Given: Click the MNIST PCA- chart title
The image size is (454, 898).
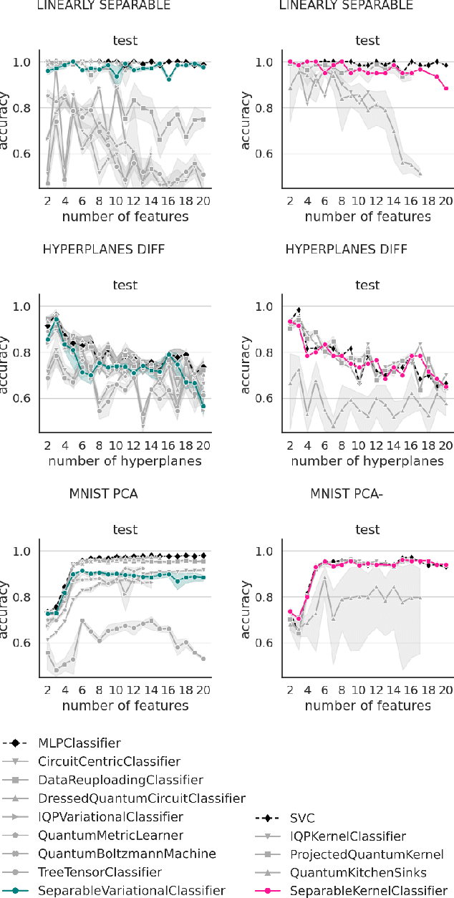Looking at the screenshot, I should point(347,494).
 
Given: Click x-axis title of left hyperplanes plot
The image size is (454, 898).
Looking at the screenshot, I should point(125,461).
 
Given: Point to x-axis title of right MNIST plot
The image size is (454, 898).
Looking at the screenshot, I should point(367,705).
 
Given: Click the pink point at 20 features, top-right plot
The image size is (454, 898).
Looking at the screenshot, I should point(445,89).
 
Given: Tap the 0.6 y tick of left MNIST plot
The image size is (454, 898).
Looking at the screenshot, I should point(24,643).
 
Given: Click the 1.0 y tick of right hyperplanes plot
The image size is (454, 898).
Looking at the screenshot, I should point(266,307).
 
